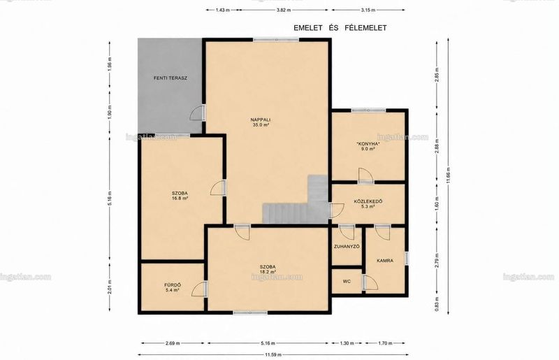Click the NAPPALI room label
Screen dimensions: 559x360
click(x=259, y=120)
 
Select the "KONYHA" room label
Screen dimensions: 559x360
click(x=368, y=144)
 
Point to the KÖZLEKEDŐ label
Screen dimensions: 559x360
click(x=368, y=201)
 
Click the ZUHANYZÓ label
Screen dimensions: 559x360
click(x=347, y=247)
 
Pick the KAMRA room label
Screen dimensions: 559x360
click(x=385, y=261)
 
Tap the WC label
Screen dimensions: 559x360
click(x=347, y=282)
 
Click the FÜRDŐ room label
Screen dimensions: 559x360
click(x=173, y=285)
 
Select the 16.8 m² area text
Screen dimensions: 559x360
click(x=180, y=199)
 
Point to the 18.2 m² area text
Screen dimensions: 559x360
click(x=268, y=271)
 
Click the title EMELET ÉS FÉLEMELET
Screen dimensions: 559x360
click(x=340, y=28)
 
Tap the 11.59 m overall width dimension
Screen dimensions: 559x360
click(x=273, y=354)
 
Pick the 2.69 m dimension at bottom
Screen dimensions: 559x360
click(x=173, y=343)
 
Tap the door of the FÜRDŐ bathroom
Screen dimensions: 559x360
click(x=199, y=289)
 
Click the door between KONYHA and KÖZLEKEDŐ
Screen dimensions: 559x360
click(x=365, y=175)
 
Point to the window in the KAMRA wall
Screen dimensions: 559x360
click(x=407, y=259)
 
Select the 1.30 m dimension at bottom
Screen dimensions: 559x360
click(x=347, y=343)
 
